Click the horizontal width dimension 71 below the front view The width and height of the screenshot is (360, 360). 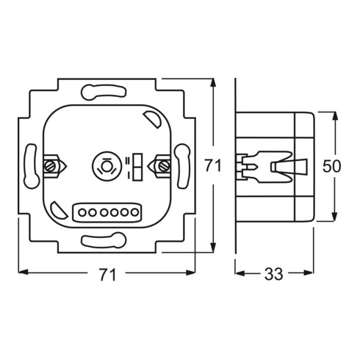tap(107, 274)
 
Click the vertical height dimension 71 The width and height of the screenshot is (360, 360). tap(213, 165)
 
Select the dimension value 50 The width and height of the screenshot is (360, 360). tap(331, 166)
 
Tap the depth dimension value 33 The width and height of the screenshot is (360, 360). tap(274, 274)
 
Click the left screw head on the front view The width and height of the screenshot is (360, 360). tap(49, 167)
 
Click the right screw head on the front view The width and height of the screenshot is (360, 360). tap(164, 166)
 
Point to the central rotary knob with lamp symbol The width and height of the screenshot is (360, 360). tap(107, 166)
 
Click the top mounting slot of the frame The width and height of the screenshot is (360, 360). tap(104, 92)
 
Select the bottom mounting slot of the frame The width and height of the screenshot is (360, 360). tap(104, 240)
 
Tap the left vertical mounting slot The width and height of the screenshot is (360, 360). tap(32, 166)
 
